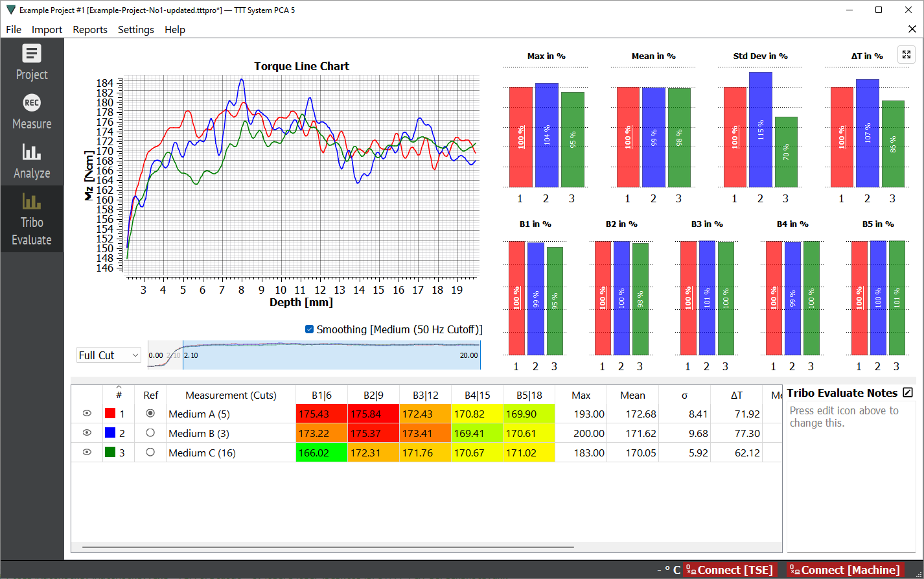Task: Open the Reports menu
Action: [90, 30]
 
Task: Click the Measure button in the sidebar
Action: [32, 112]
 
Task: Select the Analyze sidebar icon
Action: [32, 161]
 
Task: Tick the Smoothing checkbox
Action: [309, 329]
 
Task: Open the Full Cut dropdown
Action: [108, 355]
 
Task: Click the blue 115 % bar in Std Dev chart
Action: [760, 130]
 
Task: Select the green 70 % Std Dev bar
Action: [786, 152]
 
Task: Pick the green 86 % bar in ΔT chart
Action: [893, 144]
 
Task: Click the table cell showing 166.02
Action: [322, 453]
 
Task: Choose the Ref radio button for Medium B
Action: [150, 433]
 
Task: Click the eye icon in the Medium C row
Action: [87, 453]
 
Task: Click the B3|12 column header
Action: [425, 396]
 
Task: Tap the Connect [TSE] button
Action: [730, 570]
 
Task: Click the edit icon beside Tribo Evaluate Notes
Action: [908, 392]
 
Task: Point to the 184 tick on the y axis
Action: [104, 83]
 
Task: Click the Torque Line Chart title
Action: [301, 66]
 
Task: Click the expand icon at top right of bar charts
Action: [907, 54]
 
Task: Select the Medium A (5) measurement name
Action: [199, 414]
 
